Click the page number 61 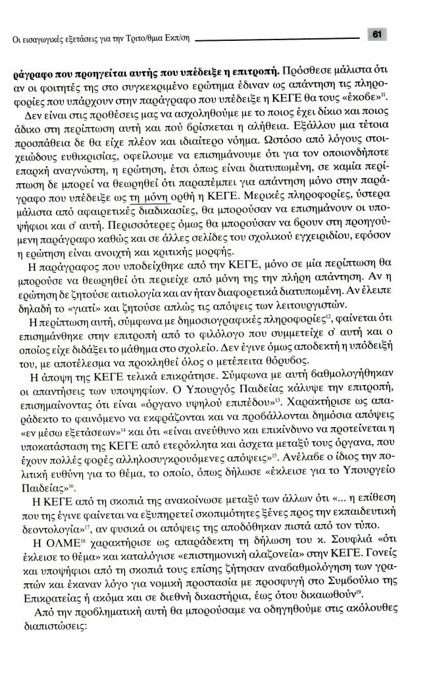(378, 34)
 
